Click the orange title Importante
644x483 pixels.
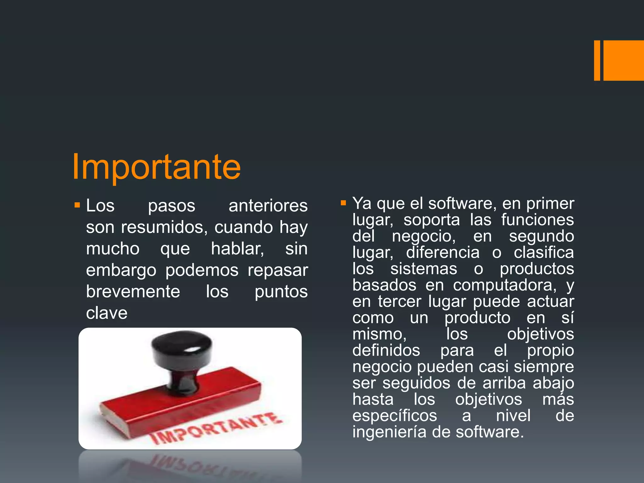coord(156,167)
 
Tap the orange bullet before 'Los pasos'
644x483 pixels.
coord(77,206)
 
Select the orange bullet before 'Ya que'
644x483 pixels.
coord(343,203)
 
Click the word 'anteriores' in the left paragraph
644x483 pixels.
coord(268,206)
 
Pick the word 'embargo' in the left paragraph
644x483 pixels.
coord(121,270)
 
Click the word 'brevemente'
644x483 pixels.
coord(133,292)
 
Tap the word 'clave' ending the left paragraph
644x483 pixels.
coord(107,313)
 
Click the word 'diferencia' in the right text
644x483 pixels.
coord(443,253)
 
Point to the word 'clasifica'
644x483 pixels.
coord(544,253)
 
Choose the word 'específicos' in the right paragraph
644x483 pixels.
coord(395,416)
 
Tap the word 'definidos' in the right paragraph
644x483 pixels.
coord(386,350)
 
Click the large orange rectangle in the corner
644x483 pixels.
coord(624,60)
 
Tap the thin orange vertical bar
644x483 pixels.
coord(597,60)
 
